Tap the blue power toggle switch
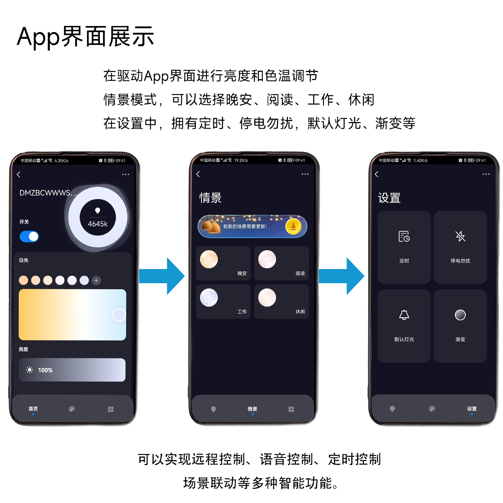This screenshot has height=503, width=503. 29,237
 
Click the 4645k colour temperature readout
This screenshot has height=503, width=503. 98,224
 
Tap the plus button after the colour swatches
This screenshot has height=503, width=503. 96,281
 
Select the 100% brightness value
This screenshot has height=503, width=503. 45,370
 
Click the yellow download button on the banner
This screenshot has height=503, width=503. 293,226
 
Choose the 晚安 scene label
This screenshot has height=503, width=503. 242,274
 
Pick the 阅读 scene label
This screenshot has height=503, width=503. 300,274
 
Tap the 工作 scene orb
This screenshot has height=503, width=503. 209,298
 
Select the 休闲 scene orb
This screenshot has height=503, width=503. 267,298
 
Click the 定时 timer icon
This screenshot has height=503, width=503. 404,236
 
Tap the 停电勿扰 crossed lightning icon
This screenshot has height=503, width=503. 460,236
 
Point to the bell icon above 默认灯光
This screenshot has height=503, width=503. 404,315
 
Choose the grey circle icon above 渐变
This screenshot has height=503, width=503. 460,315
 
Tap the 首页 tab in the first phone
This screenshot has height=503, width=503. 33,409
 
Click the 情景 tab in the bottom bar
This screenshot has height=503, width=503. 252,409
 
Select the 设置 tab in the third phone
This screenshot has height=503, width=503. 472,409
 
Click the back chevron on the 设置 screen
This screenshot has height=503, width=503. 376,174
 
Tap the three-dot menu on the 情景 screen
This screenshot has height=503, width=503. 305,174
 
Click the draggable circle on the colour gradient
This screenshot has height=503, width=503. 119,315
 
